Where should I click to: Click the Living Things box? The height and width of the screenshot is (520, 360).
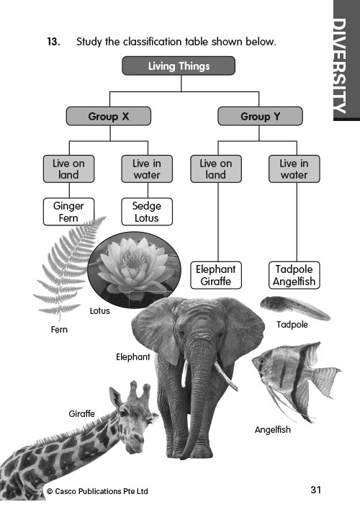(x=179, y=66)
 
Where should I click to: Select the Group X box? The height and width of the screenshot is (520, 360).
(x=109, y=116)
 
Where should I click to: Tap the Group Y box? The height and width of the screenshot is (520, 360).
(x=260, y=116)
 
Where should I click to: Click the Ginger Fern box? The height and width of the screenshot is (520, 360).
(x=68, y=212)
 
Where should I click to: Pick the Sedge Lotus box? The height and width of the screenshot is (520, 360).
(x=147, y=212)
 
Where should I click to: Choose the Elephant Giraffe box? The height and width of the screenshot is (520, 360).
(x=216, y=275)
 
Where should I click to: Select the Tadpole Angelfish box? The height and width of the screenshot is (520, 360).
(x=294, y=275)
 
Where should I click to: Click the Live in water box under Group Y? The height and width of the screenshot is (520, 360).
(x=294, y=169)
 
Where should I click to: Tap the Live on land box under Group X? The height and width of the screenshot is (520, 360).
(x=68, y=169)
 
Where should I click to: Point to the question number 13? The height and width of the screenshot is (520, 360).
(x=53, y=42)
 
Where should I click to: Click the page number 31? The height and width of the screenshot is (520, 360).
(x=316, y=490)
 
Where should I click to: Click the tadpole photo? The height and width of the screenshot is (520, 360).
(x=294, y=308)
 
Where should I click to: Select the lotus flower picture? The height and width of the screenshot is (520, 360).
(x=134, y=269)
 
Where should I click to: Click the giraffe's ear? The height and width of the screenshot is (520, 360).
(x=115, y=398)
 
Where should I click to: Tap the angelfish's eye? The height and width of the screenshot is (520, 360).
(x=262, y=361)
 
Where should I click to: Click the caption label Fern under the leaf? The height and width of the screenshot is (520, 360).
(x=59, y=329)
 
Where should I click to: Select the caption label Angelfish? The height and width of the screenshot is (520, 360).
(x=272, y=430)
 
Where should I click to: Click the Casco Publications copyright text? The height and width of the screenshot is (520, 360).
(x=97, y=491)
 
